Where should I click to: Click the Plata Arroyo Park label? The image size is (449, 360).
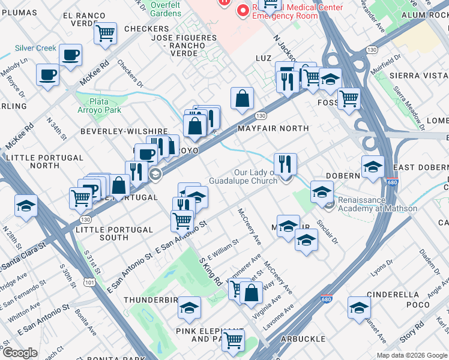(106, 106)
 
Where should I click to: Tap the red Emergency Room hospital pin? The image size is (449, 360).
(243, 11)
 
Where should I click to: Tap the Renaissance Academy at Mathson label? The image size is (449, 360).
(377, 205)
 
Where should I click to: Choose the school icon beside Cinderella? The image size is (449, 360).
(359, 307)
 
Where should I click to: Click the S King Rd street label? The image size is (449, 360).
(211, 271)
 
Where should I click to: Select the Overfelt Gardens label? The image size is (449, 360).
(165, 8)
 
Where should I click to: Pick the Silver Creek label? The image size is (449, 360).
(35, 48)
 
